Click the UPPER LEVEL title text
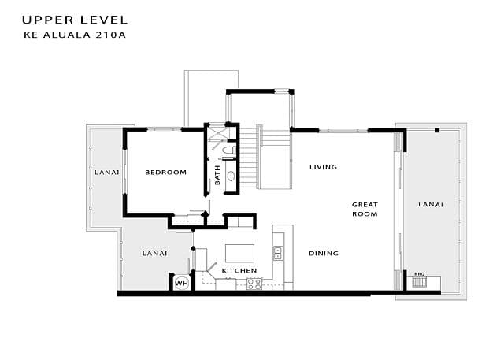(75, 20)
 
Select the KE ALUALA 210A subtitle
(75, 35)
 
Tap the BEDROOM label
(166, 173)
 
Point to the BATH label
(217, 175)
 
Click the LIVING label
(324, 167)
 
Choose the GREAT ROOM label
(365, 210)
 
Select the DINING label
(324, 254)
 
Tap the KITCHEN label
(239, 271)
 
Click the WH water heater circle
(182, 283)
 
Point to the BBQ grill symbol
(419, 282)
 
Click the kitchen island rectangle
(239, 254)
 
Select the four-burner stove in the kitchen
(254, 284)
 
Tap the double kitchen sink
(278, 254)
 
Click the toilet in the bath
(229, 150)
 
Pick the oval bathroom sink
(231, 176)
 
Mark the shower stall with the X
(217, 133)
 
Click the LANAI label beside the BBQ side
(431, 205)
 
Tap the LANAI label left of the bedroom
(107, 173)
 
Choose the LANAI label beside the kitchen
(154, 254)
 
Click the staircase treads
(249, 159)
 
